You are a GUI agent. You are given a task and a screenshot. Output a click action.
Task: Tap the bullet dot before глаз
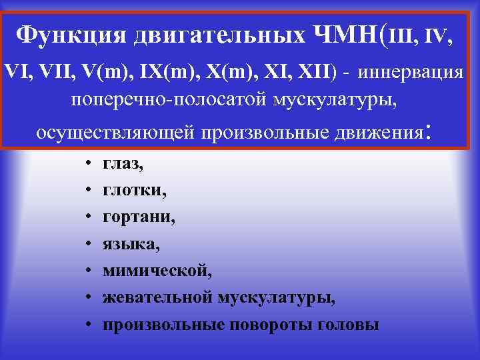coord(89,163)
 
